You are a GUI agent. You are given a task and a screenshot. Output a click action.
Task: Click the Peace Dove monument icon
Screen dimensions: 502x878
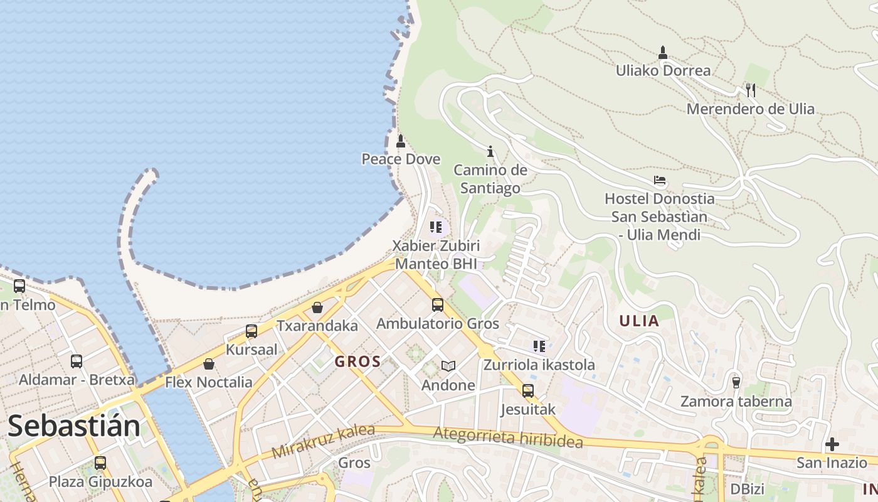pyautogui.click(x=401, y=141)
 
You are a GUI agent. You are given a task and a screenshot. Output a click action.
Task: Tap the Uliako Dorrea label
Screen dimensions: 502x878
pyautogui.click(x=663, y=70)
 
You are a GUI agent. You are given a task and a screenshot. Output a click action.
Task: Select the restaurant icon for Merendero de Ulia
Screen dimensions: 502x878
pyautogui.click(x=750, y=90)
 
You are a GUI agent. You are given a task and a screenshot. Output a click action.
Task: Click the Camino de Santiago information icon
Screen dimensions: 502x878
pyautogui.click(x=490, y=151)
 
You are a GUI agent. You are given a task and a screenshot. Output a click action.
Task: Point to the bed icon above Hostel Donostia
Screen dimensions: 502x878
pyautogui.click(x=659, y=181)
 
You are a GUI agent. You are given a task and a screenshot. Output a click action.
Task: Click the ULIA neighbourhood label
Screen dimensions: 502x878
pyautogui.click(x=639, y=321)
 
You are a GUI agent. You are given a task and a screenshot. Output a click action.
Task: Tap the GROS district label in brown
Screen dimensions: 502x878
pyautogui.click(x=357, y=361)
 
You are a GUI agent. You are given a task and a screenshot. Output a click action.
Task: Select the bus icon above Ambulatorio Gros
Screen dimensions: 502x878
pyautogui.click(x=437, y=306)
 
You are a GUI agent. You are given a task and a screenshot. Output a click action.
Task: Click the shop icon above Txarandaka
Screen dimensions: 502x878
pyautogui.click(x=317, y=307)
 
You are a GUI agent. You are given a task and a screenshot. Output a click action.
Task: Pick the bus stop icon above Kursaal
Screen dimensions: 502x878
pyautogui.click(x=251, y=331)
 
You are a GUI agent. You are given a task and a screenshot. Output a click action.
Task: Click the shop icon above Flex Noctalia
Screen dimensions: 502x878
pyautogui.click(x=209, y=364)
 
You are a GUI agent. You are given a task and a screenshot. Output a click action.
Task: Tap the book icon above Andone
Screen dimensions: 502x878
pyautogui.click(x=448, y=366)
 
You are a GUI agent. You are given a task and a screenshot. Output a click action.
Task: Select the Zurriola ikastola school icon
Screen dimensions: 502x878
pyautogui.click(x=539, y=346)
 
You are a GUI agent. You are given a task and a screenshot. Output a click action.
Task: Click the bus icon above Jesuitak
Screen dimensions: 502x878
pyautogui.click(x=528, y=391)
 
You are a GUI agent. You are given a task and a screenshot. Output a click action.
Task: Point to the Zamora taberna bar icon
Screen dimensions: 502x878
pyautogui.click(x=736, y=382)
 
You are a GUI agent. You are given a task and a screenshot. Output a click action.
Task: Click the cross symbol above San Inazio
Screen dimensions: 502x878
pyautogui.click(x=832, y=444)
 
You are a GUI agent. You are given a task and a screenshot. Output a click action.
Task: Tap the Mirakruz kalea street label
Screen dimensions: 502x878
pyautogui.click(x=323, y=441)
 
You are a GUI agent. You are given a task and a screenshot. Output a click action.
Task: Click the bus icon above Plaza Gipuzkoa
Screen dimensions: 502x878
pyautogui.click(x=100, y=463)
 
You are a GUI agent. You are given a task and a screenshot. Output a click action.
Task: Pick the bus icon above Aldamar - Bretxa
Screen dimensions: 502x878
pyautogui.click(x=77, y=361)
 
